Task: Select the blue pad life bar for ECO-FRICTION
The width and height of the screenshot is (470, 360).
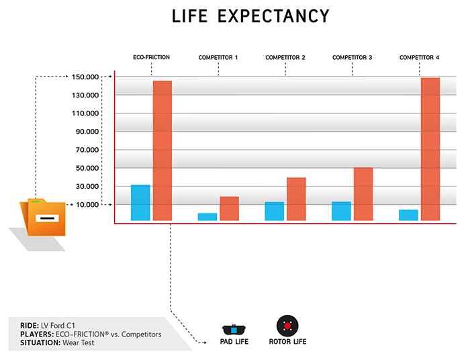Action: coord(140,202)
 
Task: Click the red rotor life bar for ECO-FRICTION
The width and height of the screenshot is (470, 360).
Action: coord(162,150)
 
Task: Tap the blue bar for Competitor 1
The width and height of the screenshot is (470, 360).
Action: coord(207,216)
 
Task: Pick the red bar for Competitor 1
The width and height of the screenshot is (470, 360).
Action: coord(229,208)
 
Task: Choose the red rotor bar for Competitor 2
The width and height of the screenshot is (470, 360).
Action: coord(296,199)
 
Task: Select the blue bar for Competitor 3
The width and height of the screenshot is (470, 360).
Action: coord(341,211)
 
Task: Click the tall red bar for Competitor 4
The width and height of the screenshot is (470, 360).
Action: coord(430,149)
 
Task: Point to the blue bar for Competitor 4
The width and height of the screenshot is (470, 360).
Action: coord(408,215)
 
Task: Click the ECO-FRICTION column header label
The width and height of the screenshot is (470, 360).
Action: coord(151,58)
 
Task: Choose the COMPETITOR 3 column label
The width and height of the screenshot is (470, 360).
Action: coord(352,58)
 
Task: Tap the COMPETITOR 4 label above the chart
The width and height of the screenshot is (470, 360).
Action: coord(419,58)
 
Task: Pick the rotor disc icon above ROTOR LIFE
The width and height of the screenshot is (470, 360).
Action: coord(287,326)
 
